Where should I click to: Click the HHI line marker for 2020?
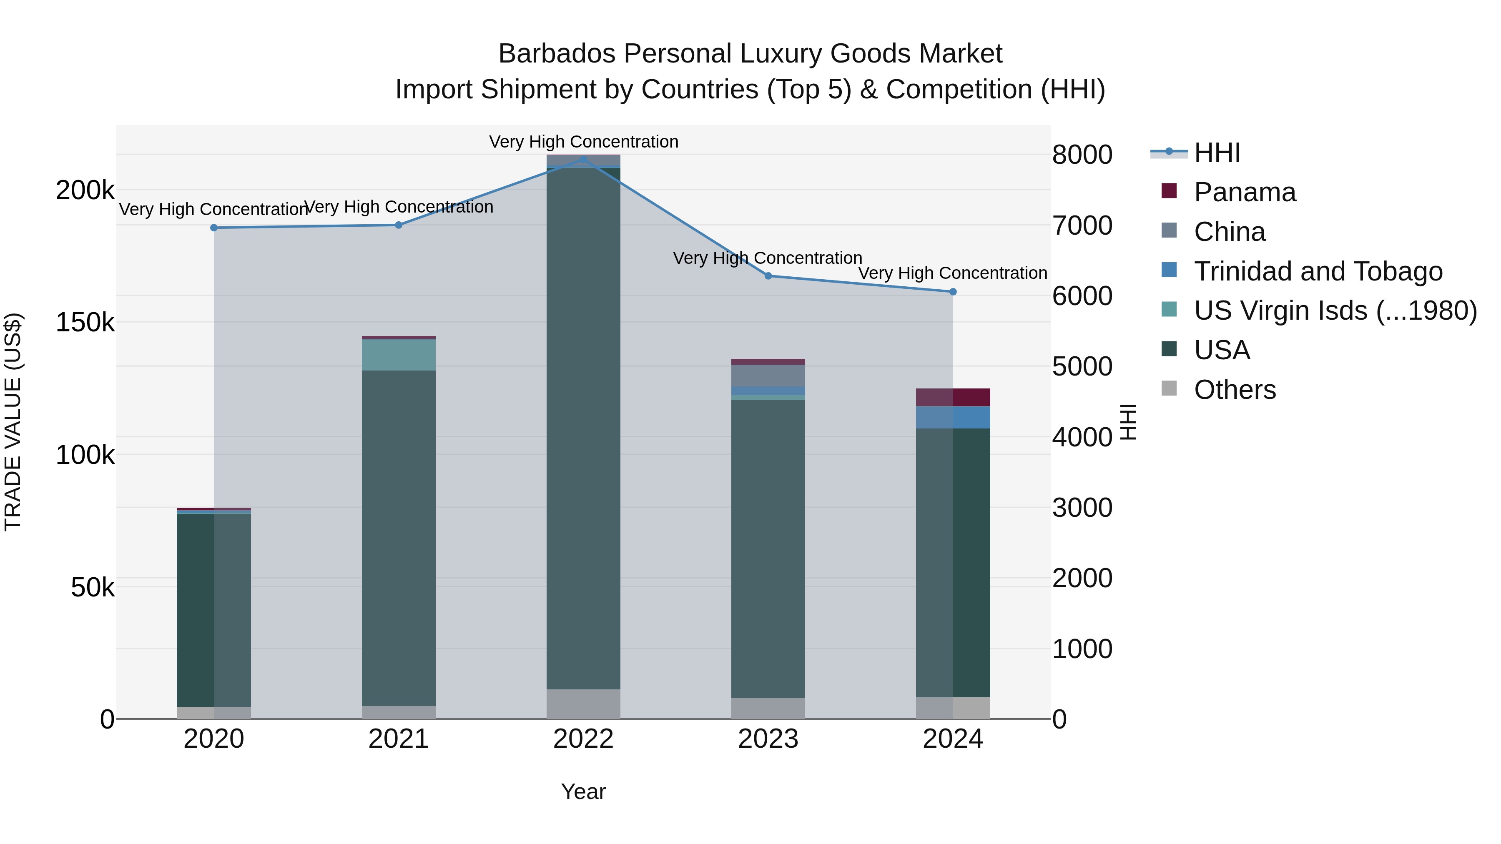coord(214,228)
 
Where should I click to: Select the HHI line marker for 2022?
coord(583,159)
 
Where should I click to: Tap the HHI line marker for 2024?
coord(953,292)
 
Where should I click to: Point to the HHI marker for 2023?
coord(768,276)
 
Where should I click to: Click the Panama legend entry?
coord(1245,192)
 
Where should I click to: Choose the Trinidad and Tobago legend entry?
coord(1318,271)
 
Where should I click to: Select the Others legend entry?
coord(1235,390)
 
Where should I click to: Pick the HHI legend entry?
coord(1217,153)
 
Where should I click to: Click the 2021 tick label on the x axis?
coord(399,739)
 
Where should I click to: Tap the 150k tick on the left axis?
coord(85,322)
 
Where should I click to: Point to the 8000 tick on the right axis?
coord(1082,155)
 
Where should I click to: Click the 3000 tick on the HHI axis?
coord(1082,508)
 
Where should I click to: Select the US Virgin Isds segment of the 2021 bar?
coord(399,355)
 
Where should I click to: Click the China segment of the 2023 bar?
coord(768,375)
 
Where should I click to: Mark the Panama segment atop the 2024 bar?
coord(953,397)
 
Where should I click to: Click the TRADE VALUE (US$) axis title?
coord(13,422)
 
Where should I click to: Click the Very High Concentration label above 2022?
coord(583,142)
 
